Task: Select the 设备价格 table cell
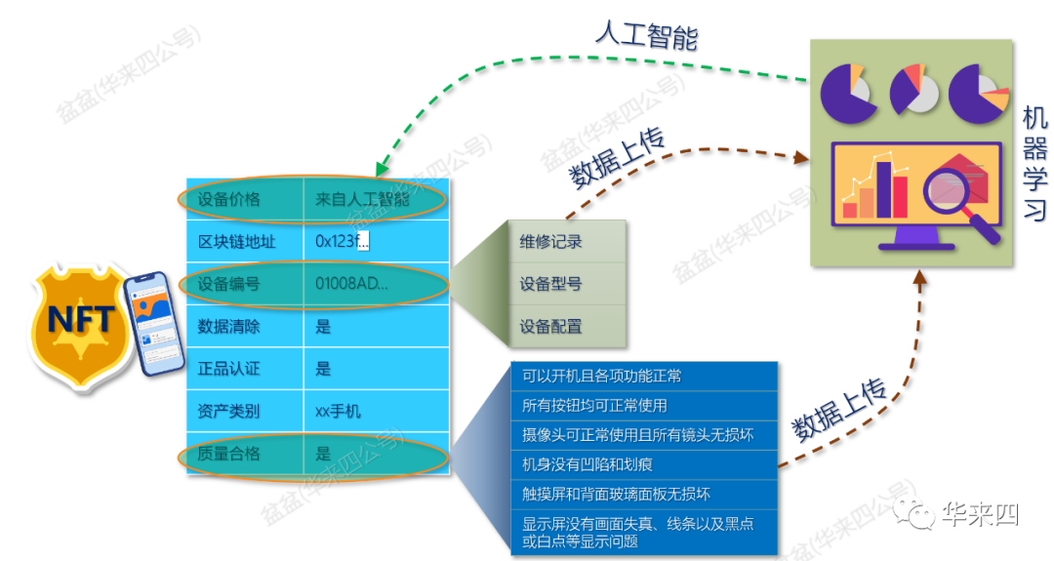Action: coord(229,199)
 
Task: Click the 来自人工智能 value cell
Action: coord(362,199)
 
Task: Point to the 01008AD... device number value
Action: coord(351,284)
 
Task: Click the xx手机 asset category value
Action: coord(338,411)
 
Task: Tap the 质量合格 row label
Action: coord(229,454)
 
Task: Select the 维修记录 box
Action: coord(550,242)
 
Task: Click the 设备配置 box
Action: coord(550,326)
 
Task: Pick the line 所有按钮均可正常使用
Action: coord(594,405)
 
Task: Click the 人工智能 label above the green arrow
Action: coord(647,37)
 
